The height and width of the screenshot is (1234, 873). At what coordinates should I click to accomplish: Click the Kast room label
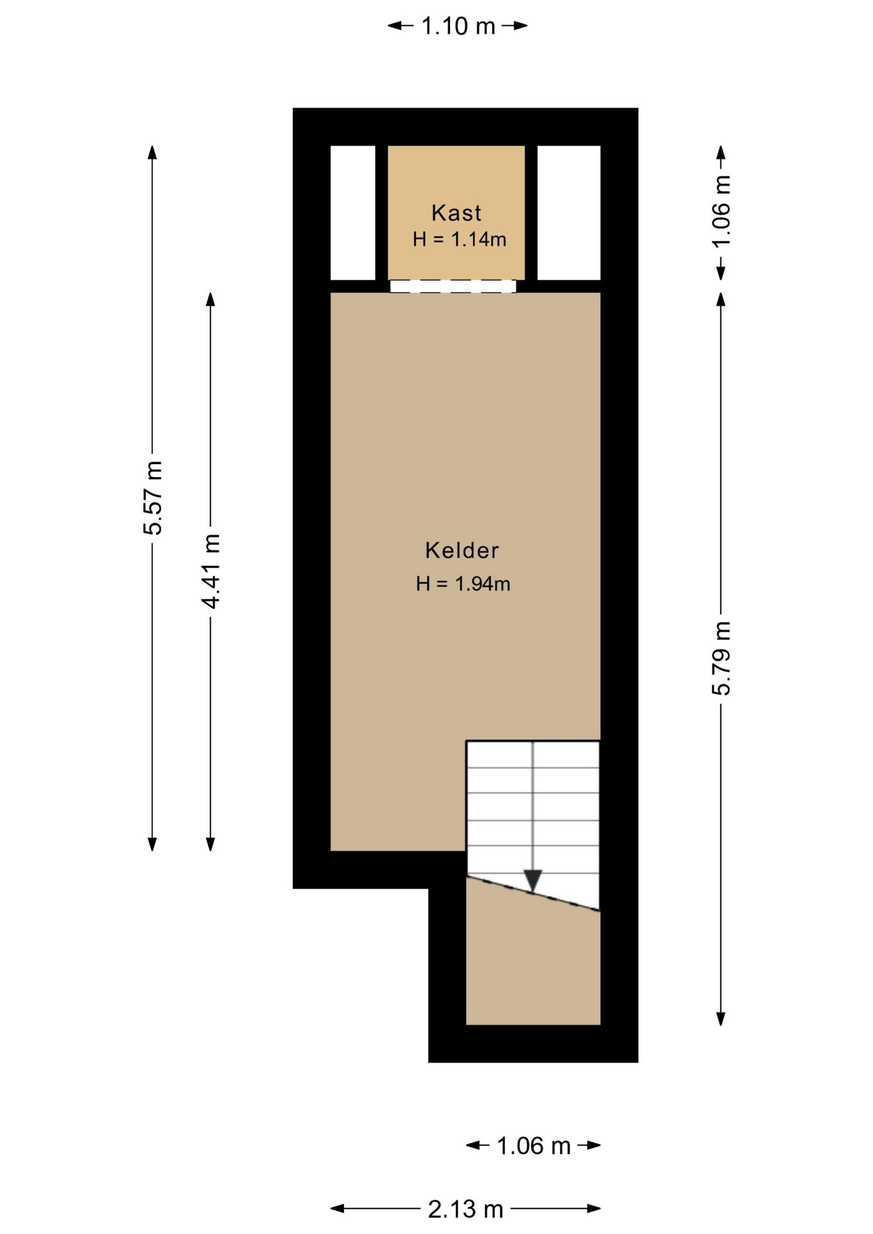point(456,213)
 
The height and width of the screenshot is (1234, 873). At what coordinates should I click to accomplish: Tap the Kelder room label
point(462,550)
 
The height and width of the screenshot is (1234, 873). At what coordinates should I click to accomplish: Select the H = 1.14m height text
point(460,240)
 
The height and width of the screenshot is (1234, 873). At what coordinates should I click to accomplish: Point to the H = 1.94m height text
point(463,584)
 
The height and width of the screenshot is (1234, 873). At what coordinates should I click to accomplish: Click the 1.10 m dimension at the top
point(458,26)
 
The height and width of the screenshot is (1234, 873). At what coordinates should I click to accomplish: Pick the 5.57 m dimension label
point(153,498)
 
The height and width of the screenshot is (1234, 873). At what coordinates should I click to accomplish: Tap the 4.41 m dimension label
point(211,571)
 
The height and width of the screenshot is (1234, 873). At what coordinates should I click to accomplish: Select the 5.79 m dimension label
point(721,658)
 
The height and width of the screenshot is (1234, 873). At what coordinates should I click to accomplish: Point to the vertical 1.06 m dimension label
point(721,211)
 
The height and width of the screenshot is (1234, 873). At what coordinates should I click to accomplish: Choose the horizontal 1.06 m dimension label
point(534,1145)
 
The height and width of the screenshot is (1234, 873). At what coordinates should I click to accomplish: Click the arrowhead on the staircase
point(533,881)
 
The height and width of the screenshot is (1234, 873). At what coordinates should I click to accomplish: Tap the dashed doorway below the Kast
point(453,286)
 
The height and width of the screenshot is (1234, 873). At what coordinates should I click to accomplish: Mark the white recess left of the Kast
point(353,213)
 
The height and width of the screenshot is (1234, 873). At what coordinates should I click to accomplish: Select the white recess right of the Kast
point(569,213)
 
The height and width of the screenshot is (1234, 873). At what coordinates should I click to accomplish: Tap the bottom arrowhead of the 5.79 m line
point(721,1018)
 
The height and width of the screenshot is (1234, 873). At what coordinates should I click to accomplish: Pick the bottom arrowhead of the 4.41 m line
point(210,844)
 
